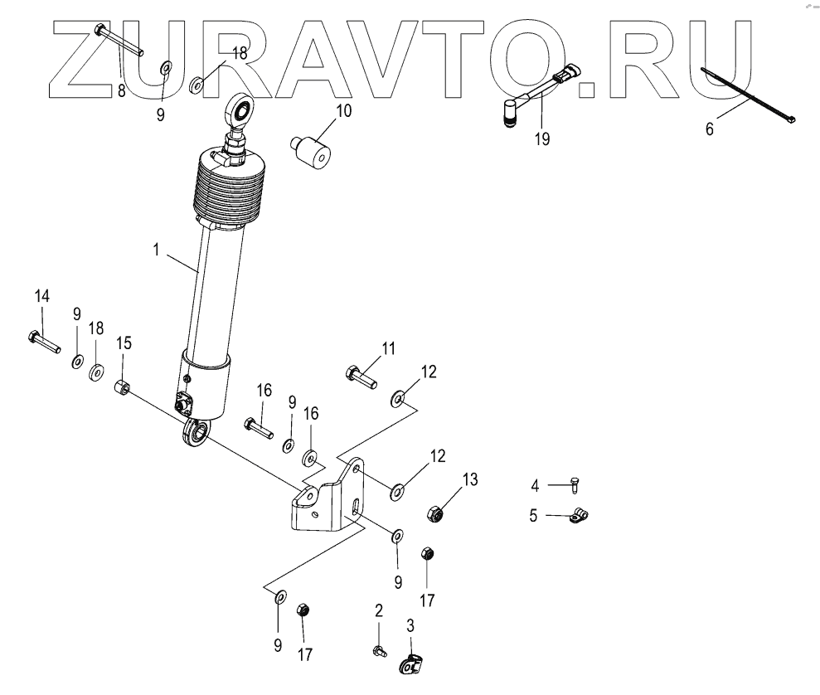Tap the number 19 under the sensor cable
tap(541, 139)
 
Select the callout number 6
tap(710, 129)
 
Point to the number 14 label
tap(41, 296)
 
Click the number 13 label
tap(470, 479)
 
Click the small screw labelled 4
tap(576, 484)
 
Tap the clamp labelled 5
tap(579, 518)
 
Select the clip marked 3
tap(412, 664)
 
